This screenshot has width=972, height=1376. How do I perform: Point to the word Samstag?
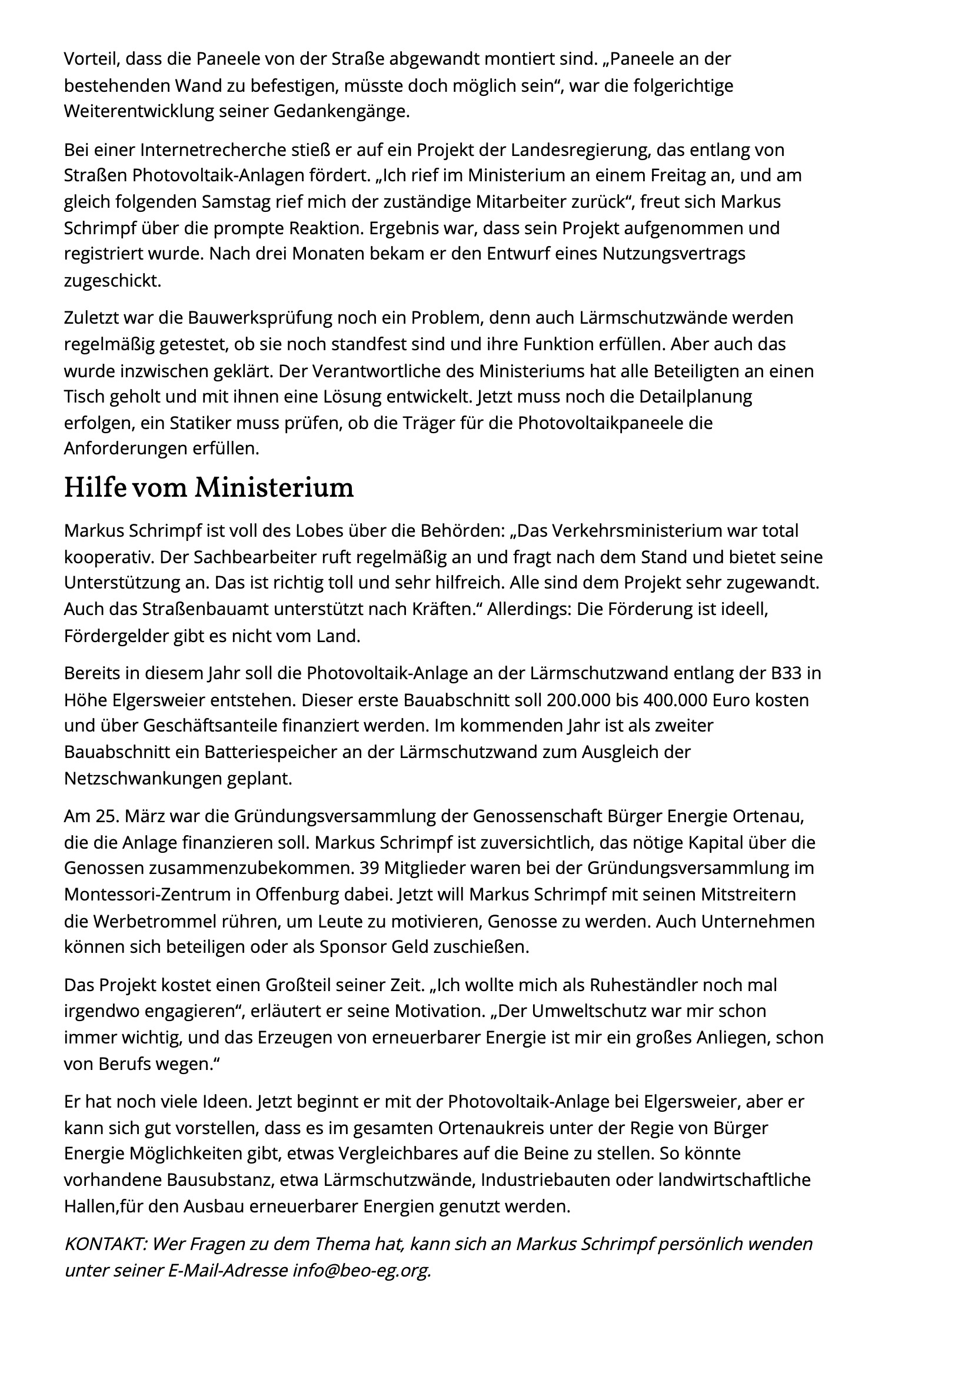235,202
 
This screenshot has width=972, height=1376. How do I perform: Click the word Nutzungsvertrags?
674,254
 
